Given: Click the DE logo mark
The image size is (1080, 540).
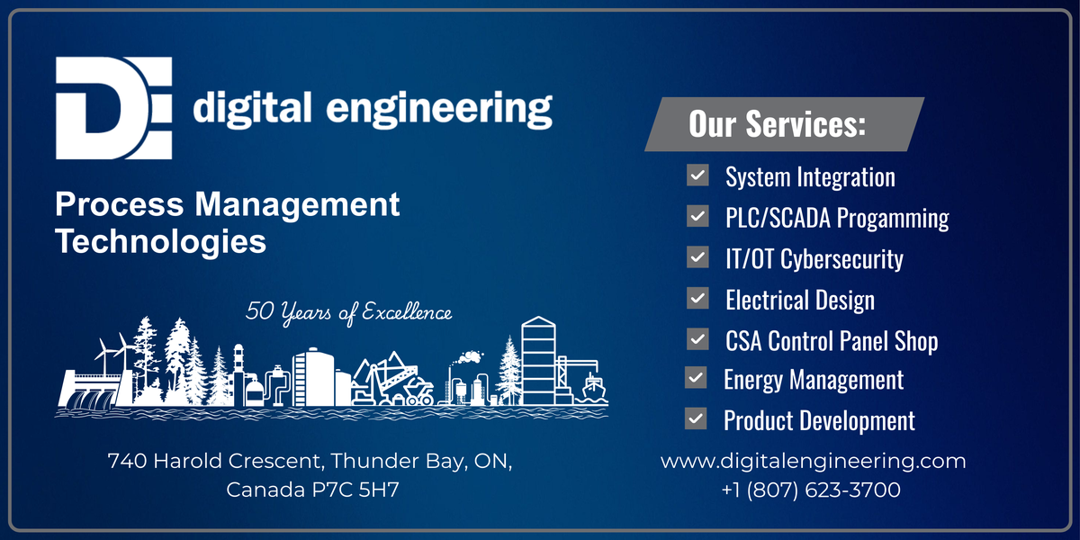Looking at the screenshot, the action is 113,108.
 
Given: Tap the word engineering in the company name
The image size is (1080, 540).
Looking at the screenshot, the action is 439,110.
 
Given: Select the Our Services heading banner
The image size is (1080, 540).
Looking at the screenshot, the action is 784,124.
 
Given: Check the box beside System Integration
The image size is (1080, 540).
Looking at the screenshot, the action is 697,175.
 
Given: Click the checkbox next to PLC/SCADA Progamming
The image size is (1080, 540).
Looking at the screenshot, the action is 697,216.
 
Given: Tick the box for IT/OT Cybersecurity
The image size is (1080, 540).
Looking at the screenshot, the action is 697,257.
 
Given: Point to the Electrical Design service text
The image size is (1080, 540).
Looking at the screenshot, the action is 800,300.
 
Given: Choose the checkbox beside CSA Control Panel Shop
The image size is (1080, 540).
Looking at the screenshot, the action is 697,339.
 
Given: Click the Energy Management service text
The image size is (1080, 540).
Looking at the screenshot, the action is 814,380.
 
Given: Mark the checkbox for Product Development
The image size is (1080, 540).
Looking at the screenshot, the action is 696,418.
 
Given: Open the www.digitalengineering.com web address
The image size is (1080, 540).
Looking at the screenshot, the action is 813,462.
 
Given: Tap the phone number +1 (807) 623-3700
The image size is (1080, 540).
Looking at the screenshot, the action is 811,490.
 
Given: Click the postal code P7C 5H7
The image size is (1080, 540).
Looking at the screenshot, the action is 355,490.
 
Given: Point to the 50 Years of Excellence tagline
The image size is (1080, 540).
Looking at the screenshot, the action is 348,312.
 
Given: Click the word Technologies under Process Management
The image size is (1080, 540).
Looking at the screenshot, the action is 160,241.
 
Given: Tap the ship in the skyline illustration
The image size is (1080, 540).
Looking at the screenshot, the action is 593,387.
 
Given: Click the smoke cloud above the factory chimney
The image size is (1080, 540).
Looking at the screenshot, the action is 471,357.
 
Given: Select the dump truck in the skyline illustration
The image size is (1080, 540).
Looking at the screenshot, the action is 418,391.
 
